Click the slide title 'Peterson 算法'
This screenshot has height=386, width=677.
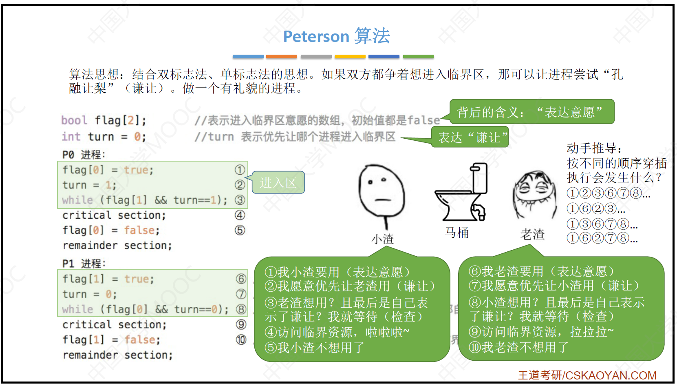point(336,36)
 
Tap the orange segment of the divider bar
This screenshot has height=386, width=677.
point(281,57)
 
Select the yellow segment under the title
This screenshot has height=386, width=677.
point(350,57)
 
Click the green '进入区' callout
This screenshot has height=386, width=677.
point(278,182)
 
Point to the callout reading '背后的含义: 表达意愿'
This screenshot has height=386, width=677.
point(532,112)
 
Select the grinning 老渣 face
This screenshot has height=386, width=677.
point(535,193)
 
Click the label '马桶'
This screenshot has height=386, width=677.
point(456,233)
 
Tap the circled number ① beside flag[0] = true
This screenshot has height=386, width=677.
point(240,170)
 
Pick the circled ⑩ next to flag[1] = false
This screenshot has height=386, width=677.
point(241,340)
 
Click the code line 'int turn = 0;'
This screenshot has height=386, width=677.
point(104,137)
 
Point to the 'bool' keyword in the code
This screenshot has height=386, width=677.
point(74,120)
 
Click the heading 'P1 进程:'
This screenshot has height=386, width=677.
point(84,264)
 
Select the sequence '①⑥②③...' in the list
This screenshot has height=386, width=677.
point(596,209)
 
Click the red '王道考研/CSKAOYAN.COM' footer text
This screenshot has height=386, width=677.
point(587,375)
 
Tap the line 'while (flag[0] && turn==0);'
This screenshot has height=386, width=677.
point(146,309)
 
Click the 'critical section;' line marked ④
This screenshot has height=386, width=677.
point(114,215)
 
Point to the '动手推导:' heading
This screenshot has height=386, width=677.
point(594,148)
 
